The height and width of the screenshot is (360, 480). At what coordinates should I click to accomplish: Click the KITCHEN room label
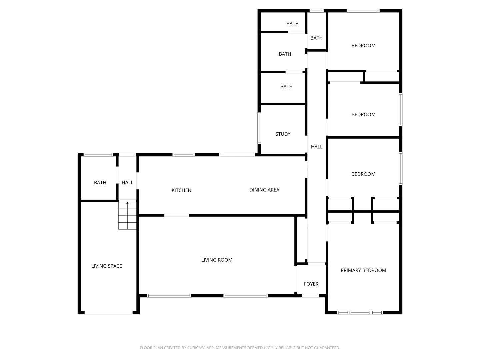coord(181,190)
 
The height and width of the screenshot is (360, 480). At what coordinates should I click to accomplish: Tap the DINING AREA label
coord(264,190)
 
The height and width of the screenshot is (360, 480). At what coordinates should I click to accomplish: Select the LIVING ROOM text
coord(217,260)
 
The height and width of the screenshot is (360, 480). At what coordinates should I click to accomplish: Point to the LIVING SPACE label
coord(107,266)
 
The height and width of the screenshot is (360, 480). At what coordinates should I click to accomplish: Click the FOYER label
coord(311,284)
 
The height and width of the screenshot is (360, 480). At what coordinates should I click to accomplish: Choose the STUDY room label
coord(283,134)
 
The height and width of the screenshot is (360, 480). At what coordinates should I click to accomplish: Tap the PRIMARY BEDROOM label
coord(363,270)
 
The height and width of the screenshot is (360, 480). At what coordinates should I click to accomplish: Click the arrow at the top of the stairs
coord(127,203)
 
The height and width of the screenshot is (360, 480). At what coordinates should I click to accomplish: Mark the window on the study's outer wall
coord(259,128)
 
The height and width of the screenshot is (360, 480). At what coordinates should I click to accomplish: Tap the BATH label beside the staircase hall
coord(100,183)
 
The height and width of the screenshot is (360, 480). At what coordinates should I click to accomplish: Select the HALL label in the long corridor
coord(317,147)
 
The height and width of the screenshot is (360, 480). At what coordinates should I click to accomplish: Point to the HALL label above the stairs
coord(127,183)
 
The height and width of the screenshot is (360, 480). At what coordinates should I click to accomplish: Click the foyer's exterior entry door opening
coord(310,296)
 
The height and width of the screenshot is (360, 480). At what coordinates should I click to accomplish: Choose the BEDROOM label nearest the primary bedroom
coord(363,174)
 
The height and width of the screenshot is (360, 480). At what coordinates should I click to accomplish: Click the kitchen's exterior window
coord(183,155)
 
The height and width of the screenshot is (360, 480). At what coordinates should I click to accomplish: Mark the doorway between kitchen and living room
coord(177,216)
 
